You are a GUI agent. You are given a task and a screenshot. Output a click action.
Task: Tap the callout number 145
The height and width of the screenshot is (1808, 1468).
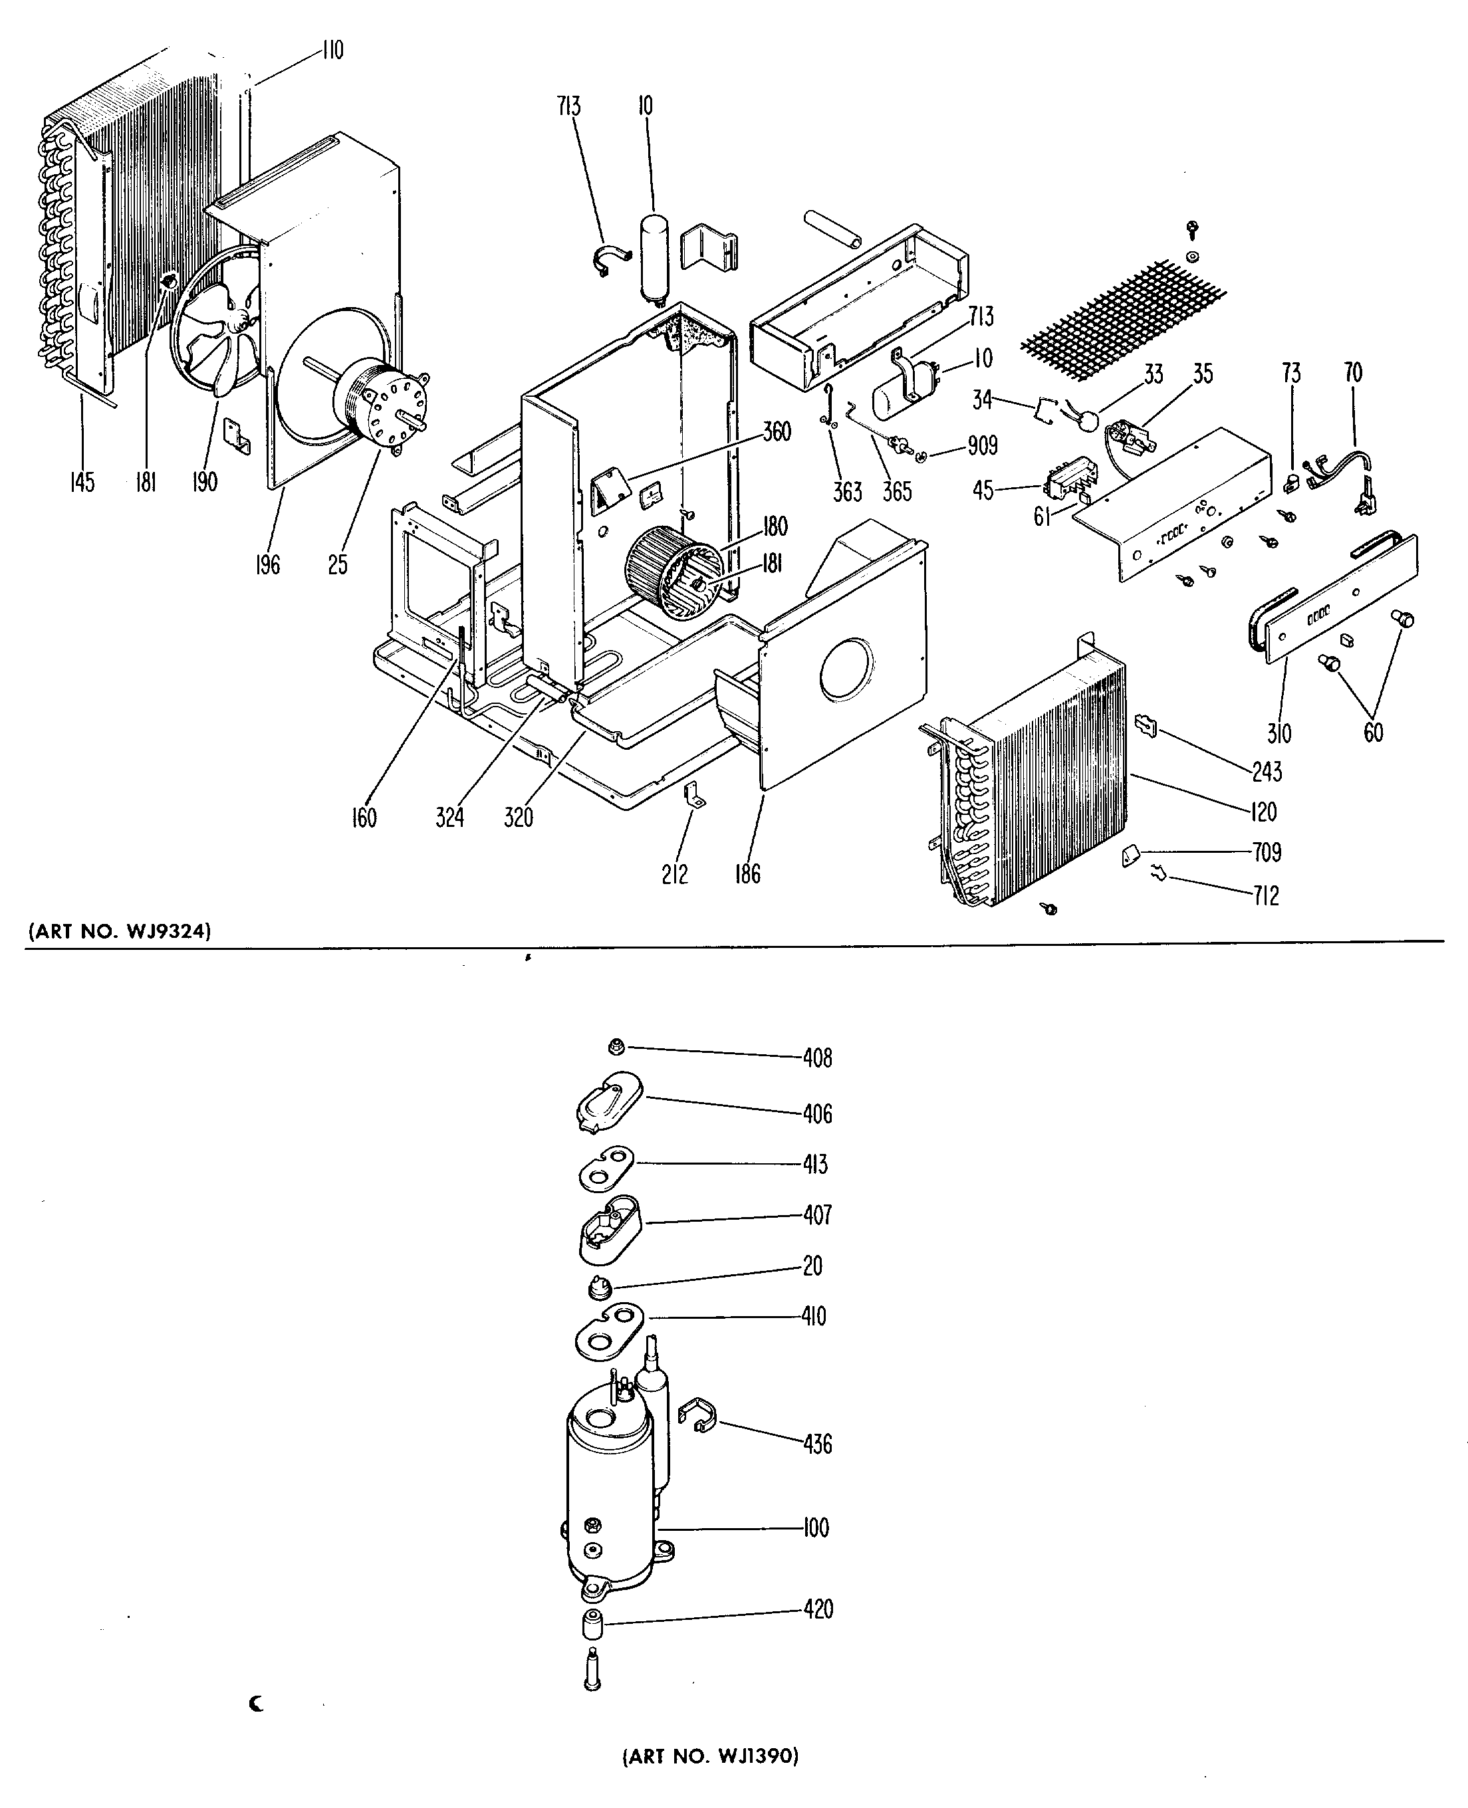[x=82, y=483]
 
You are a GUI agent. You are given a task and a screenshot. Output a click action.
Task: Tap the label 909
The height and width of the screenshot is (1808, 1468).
[x=982, y=445]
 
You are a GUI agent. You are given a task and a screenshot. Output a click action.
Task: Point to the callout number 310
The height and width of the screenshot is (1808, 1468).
[x=1279, y=733]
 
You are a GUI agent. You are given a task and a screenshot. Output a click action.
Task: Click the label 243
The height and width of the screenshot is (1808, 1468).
[x=1267, y=771]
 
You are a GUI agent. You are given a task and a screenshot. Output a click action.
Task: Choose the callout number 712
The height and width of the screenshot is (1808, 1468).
[x=1265, y=895]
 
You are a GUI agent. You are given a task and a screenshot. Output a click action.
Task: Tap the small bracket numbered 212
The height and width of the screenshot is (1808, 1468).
[x=694, y=796]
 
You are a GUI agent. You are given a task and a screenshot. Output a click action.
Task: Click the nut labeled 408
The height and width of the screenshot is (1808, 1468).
[x=616, y=1048]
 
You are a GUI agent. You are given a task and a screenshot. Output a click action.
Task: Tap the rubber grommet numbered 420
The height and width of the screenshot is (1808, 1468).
[x=592, y=1624]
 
